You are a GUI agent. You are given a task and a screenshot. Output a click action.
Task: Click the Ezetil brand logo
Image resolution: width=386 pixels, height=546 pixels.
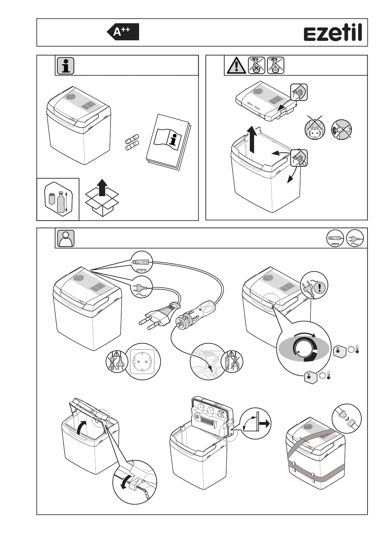[333, 33]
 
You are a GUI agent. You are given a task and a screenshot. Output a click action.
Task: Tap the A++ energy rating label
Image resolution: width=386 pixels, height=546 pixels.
[123, 32]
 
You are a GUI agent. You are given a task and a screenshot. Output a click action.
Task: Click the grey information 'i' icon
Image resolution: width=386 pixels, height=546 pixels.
[65, 66]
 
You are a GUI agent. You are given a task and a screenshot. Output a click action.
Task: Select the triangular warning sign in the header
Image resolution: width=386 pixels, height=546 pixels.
[237, 65]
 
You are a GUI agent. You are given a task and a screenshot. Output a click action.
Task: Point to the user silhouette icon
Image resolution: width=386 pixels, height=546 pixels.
[66, 239]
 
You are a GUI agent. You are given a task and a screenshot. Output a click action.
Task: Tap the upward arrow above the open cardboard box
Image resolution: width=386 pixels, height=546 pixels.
[102, 187]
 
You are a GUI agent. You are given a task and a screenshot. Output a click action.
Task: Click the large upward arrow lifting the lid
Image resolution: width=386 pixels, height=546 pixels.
[253, 139]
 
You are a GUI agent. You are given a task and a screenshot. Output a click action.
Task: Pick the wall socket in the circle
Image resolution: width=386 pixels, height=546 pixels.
[143, 361]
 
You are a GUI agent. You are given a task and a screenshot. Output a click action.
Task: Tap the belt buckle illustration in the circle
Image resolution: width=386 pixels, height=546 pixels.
[346, 418]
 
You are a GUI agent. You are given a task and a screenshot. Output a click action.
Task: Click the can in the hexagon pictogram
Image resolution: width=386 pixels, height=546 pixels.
[52, 198]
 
